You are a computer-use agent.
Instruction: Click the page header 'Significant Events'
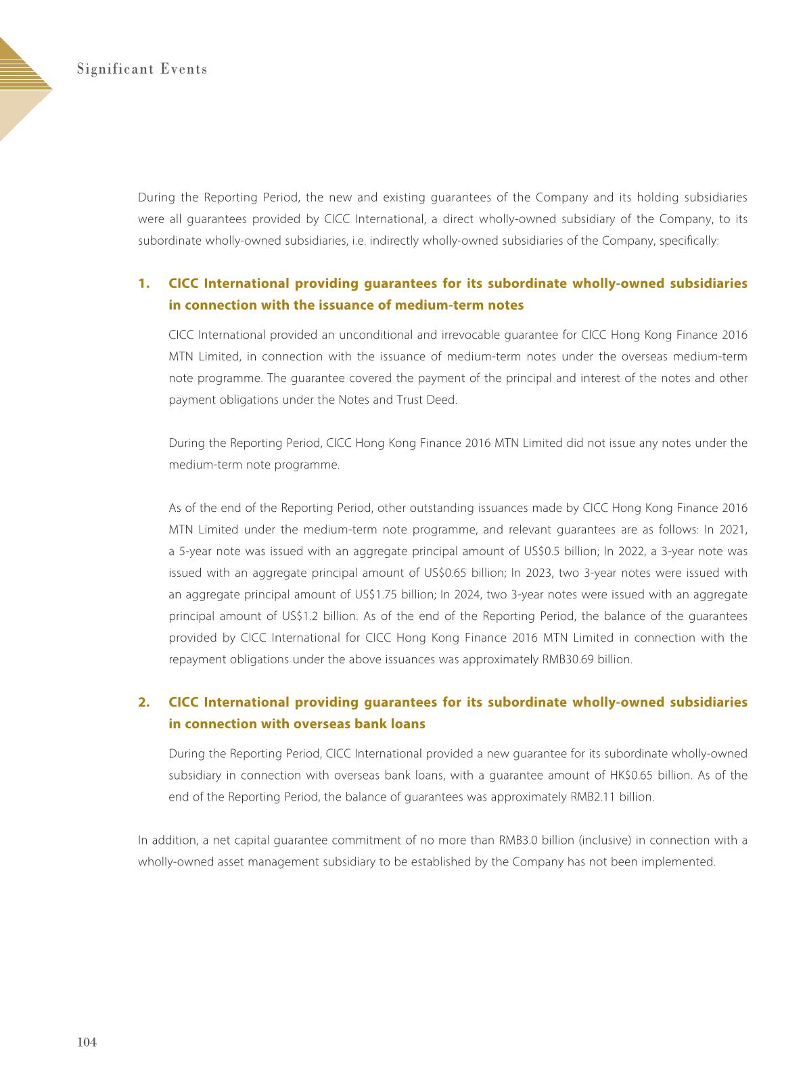pyautogui.click(x=141, y=70)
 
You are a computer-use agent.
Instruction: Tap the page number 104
pyautogui.click(x=87, y=1043)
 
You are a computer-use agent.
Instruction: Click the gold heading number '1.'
pyautogui.click(x=143, y=283)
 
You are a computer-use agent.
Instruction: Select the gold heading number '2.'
pyautogui.click(x=143, y=703)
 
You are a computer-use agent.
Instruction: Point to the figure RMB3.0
pyautogui.click(x=522, y=840)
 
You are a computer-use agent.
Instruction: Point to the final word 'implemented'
pyautogui.click(x=683, y=862)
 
